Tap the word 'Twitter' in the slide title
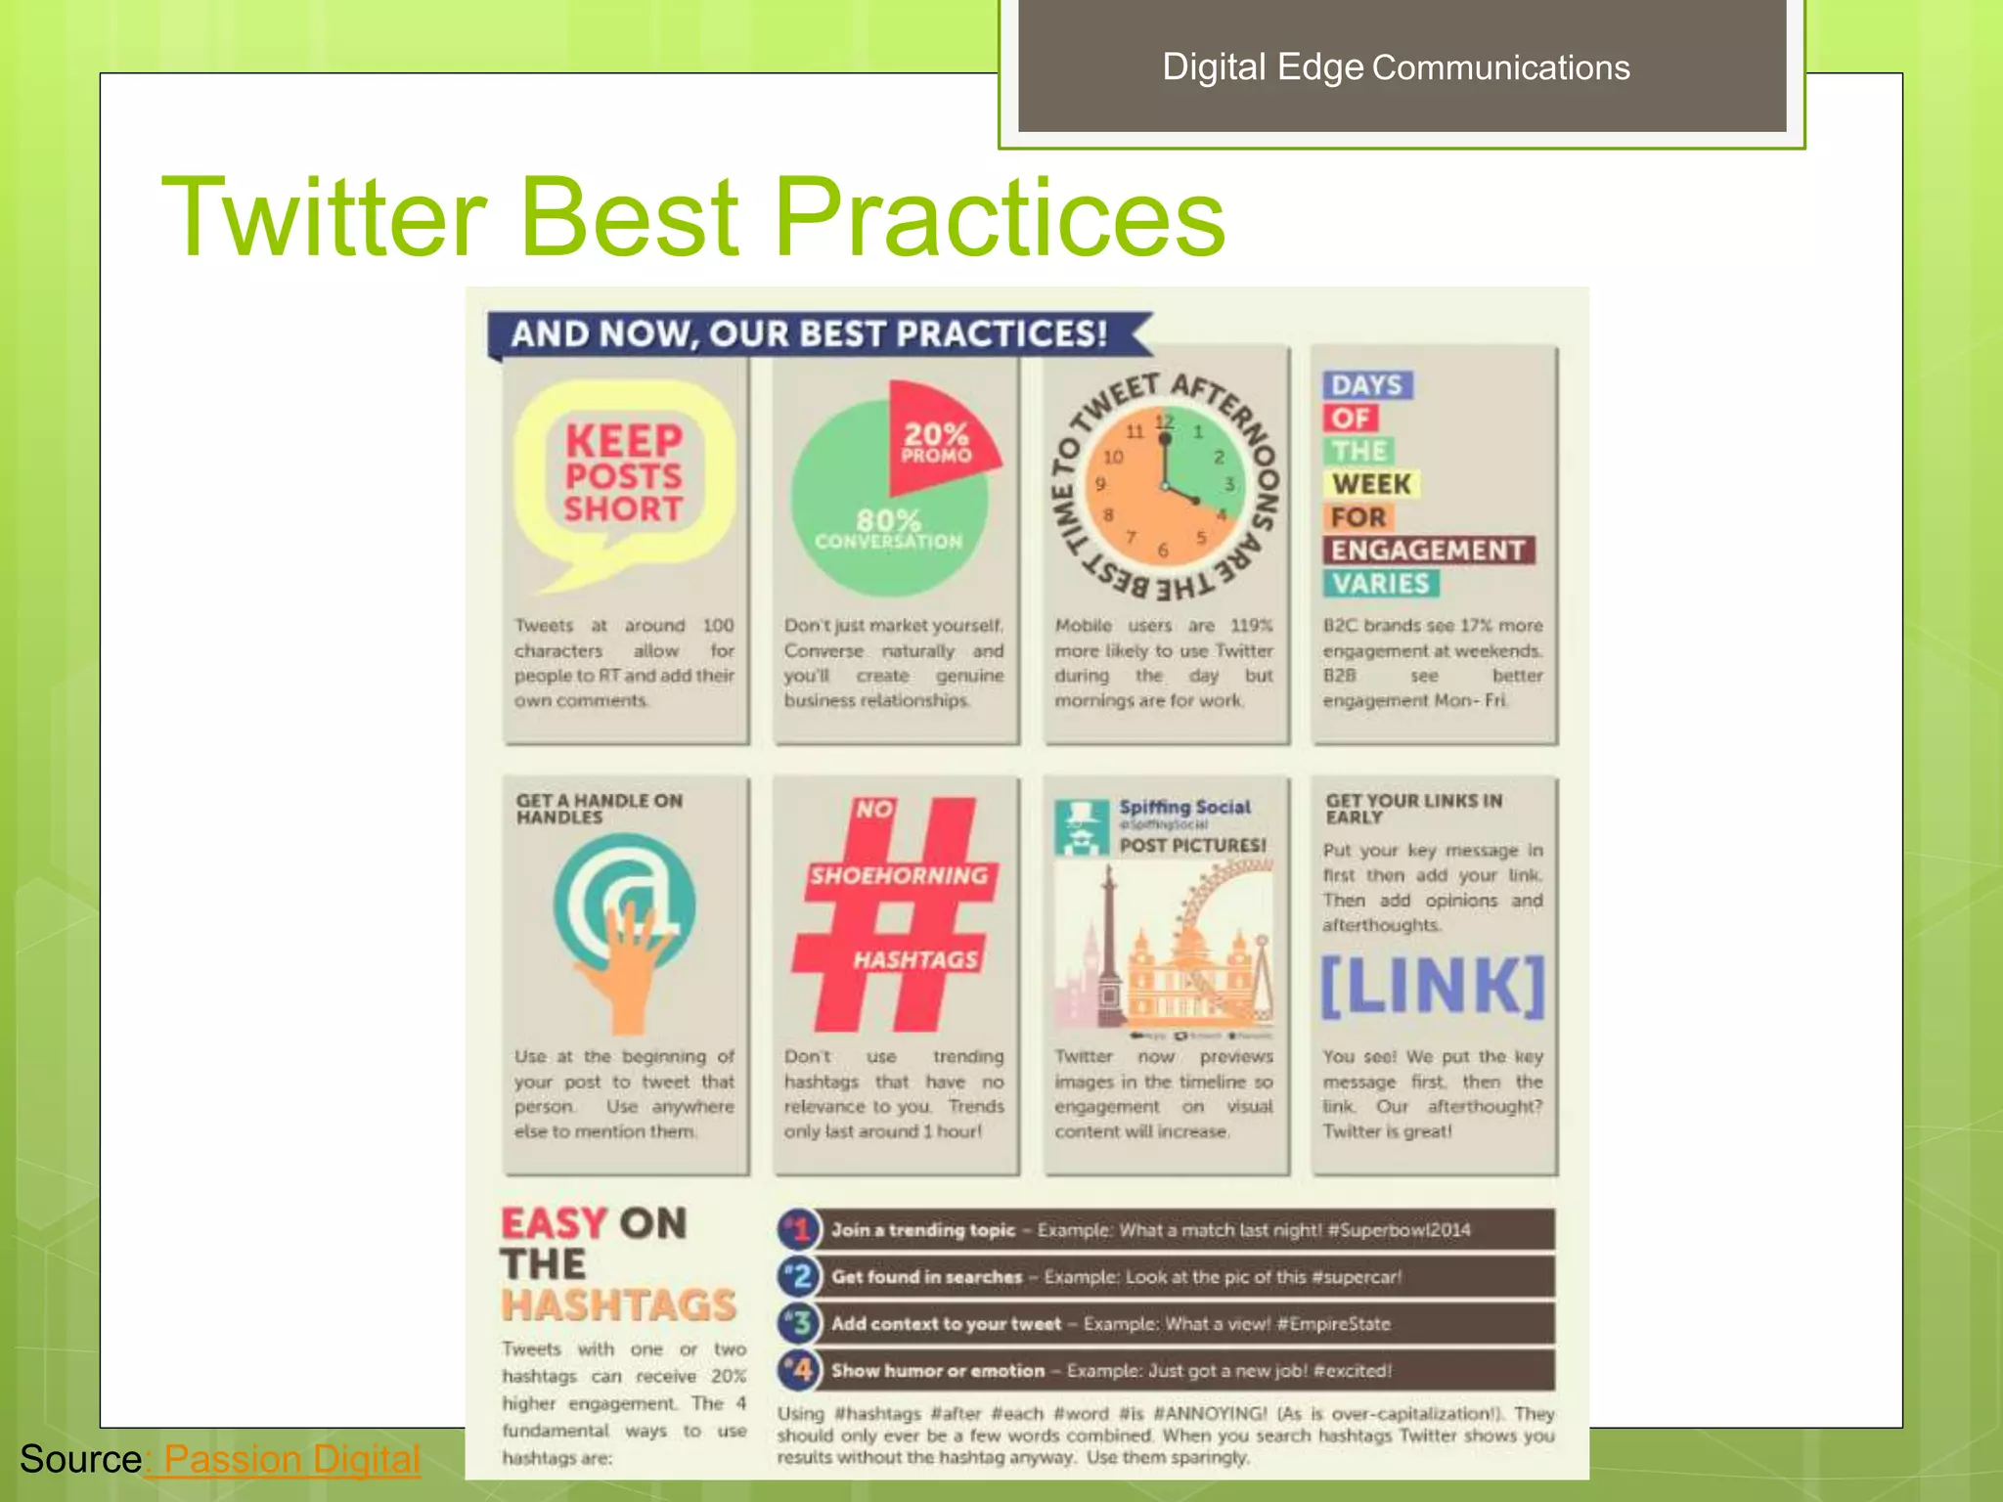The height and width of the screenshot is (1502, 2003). (x=324, y=216)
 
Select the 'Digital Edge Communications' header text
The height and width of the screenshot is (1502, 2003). (x=1396, y=66)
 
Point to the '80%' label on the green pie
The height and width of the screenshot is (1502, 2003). (x=888, y=520)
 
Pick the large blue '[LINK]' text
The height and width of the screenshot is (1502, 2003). (x=1433, y=987)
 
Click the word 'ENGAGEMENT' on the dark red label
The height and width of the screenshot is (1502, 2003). (x=1428, y=551)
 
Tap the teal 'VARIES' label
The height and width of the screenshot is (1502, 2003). (x=1381, y=584)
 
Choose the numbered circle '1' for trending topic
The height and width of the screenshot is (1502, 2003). (x=799, y=1229)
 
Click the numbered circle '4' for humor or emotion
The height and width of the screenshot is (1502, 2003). (x=799, y=1370)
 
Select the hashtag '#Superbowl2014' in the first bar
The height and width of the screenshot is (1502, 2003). (x=1399, y=1230)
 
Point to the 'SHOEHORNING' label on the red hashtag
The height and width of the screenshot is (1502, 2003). (x=899, y=875)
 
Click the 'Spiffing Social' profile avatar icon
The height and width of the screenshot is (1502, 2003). (x=1081, y=826)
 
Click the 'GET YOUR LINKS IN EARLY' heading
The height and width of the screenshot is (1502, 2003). (x=1413, y=809)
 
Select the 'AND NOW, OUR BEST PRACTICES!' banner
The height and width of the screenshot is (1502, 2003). (x=810, y=333)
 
